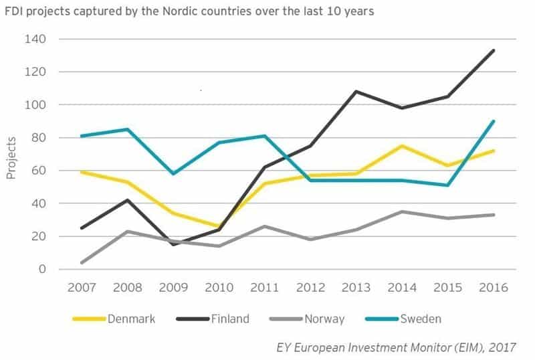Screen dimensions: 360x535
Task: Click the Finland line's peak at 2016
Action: point(494,50)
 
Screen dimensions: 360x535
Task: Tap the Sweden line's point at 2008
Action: point(127,129)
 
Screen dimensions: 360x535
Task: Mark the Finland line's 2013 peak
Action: point(356,91)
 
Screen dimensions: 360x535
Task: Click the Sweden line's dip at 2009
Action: point(173,173)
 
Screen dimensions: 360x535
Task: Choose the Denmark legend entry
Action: point(113,319)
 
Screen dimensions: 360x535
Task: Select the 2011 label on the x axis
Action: point(264,287)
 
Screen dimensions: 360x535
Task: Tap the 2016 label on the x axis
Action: point(493,287)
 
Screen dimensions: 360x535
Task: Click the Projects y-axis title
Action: point(11,157)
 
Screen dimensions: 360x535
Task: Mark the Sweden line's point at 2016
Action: point(494,121)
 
